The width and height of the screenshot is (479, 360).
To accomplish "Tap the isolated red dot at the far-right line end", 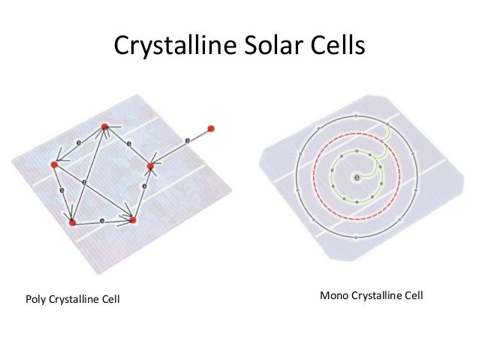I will pos(211,128).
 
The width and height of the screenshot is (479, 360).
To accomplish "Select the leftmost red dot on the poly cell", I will pos(54,164).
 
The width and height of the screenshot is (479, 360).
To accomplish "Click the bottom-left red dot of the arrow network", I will pos(71,222).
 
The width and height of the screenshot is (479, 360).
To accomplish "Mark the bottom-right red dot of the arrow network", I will pos(133,220).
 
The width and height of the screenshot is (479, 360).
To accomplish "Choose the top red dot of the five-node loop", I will pos(105,126).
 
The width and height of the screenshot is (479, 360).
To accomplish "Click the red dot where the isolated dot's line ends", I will pos(150,165).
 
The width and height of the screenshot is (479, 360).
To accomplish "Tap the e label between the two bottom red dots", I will pos(101,221).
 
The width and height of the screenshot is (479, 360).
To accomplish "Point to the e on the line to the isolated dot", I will pos(185,141).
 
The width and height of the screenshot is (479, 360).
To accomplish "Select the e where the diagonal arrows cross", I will pos(83,182).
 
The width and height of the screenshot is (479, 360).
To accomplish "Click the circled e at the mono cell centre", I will pos(356,177).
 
